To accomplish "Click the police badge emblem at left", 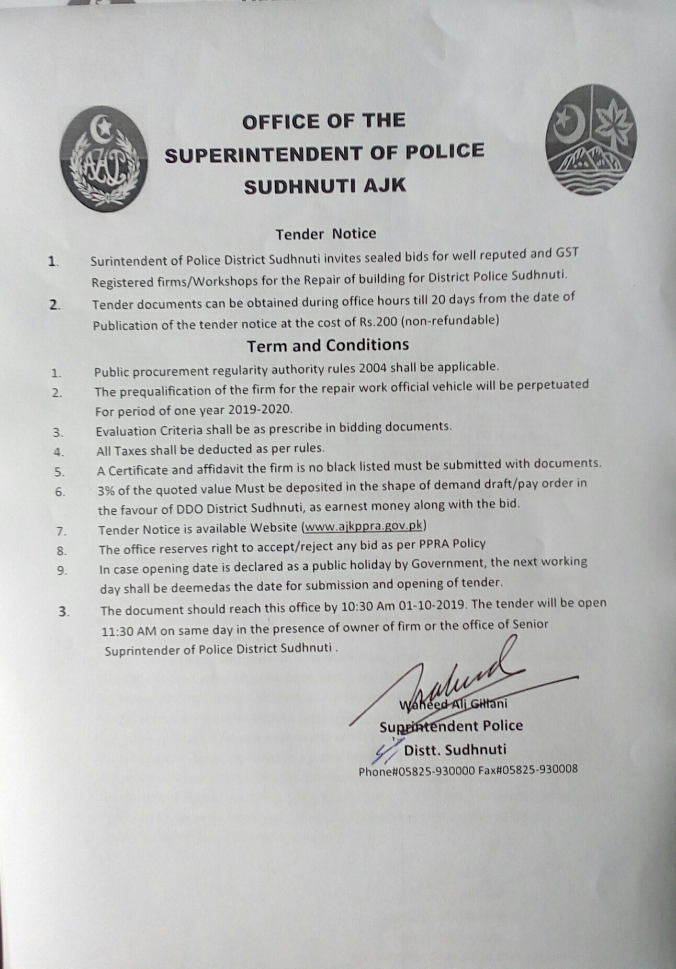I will (103, 159).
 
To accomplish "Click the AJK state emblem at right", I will (591, 140).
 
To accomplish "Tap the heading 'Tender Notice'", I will (325, 233).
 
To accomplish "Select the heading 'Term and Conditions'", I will (328, 345).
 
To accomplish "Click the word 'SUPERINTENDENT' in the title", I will (263, 154).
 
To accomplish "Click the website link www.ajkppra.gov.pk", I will (364, 526).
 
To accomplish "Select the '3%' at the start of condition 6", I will (106, 490).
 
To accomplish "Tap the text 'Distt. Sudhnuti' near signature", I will (455, 750).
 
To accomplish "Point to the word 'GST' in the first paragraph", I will (567, 253).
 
